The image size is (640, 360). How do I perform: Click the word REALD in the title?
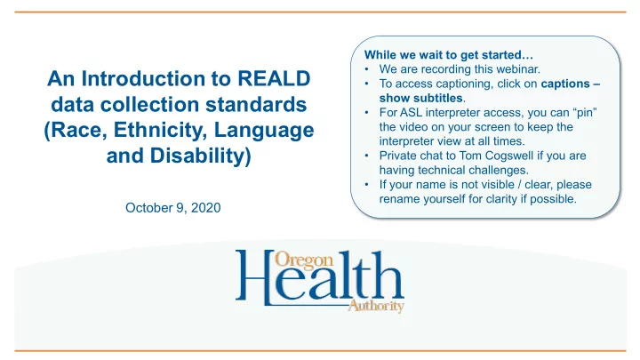(x=274, y=78)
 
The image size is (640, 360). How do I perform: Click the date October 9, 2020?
(x=173, y=208)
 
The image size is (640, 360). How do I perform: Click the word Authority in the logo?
(x=376, y=306)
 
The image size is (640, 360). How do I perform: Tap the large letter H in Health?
(x=255, y=277)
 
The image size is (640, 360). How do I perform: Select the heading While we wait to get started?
(x=449, y=55)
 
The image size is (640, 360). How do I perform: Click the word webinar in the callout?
(x=518, y=69)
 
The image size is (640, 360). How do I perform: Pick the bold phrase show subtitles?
(x=420, y=99)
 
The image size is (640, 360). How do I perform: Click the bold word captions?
(x=565, y=84)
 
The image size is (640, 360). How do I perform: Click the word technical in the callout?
(x=444, y=170)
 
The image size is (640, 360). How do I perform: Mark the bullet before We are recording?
(x=367, y=69)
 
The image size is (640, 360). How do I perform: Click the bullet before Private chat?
(x=367, y=156)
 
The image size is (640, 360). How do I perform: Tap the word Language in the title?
(x=264, y=131)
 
